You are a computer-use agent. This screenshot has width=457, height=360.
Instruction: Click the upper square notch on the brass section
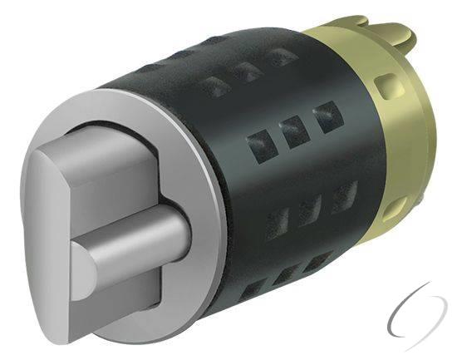pyautogui.click(x=386, y=85)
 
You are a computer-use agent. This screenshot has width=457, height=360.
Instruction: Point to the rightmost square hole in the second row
pyautogui.click(x=325, y=114)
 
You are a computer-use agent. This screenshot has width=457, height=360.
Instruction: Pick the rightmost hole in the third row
pyautogui.click(x=342, y=195)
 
